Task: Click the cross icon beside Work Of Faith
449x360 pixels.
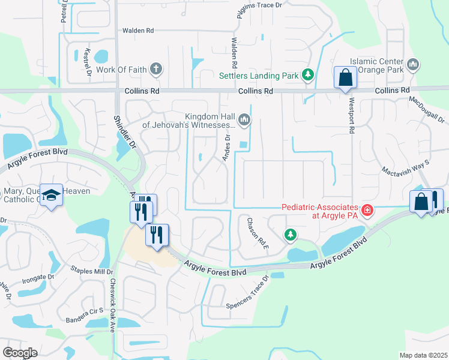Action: tap(156, 69)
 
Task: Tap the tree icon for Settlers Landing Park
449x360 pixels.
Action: tap(308, 75)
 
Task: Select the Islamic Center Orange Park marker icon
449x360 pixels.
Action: tap(412, 64)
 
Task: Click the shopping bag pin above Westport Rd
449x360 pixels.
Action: tap(345, 78)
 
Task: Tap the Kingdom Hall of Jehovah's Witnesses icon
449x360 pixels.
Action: tap(244, 120)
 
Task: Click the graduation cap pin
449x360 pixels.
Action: tap(52, 196)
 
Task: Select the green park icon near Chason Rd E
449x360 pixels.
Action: tap(291, 234)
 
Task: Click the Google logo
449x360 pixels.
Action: tap(20, 352)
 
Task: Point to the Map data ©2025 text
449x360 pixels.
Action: tap(423, 355)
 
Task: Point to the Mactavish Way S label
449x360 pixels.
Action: tap(406, 166)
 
